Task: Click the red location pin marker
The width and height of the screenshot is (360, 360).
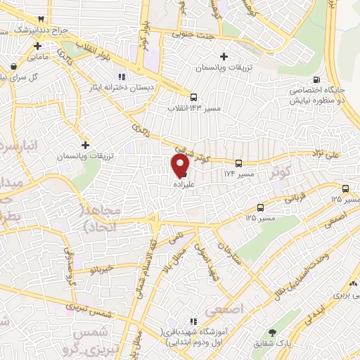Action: (x=181, y=165)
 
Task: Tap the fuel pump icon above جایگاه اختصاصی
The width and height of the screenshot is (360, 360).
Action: (x=317, y=79)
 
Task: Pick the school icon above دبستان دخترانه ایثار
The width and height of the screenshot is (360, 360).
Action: (x=122, y=77)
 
